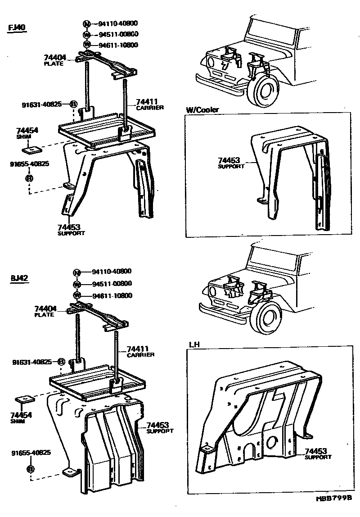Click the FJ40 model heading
coord(18,28)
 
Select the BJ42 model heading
coord(19,278)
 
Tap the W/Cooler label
coord(202,109)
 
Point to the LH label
coord(194,345)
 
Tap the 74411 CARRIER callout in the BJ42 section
coord(140,351)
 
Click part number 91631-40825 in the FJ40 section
coord(42,104)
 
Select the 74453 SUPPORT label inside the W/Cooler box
coord(231,163)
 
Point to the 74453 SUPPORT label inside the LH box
coord(318,454)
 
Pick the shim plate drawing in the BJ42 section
coord(24,399)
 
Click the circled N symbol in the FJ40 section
coord(87,23)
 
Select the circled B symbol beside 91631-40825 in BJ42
coord(61,362)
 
